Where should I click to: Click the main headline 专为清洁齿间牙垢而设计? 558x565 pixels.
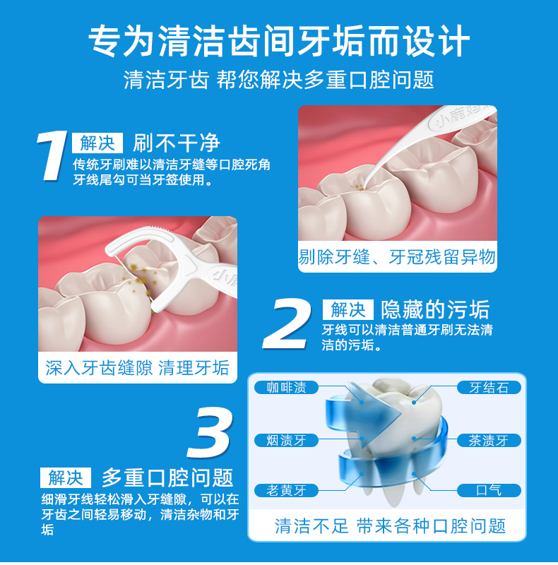[279, 41]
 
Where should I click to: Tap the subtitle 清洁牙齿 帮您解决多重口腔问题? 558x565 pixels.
[279, 79]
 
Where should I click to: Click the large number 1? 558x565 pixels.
[52, 156]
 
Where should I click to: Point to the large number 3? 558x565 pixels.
[210, 432]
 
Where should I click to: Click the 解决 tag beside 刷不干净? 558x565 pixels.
[97, 143]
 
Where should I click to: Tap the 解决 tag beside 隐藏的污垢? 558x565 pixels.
[348, 309]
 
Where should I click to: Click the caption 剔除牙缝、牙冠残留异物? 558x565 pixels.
[397, 257]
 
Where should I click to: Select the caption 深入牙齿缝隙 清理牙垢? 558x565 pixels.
[137, 368]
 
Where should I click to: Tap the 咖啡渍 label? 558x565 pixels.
[286, 387]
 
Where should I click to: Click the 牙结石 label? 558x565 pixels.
[489, 387]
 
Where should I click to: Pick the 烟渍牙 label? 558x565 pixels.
[286, 440]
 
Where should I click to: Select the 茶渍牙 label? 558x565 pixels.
[489, 440]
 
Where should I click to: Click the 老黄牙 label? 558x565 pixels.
[286, 490]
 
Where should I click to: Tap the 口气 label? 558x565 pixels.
[489, 490]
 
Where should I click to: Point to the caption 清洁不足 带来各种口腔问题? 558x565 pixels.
[390, 526]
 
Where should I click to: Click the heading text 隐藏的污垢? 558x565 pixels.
[435, 309]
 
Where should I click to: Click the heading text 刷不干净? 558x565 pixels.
[177, 143]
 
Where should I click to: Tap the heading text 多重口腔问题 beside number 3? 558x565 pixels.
[167, 477]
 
